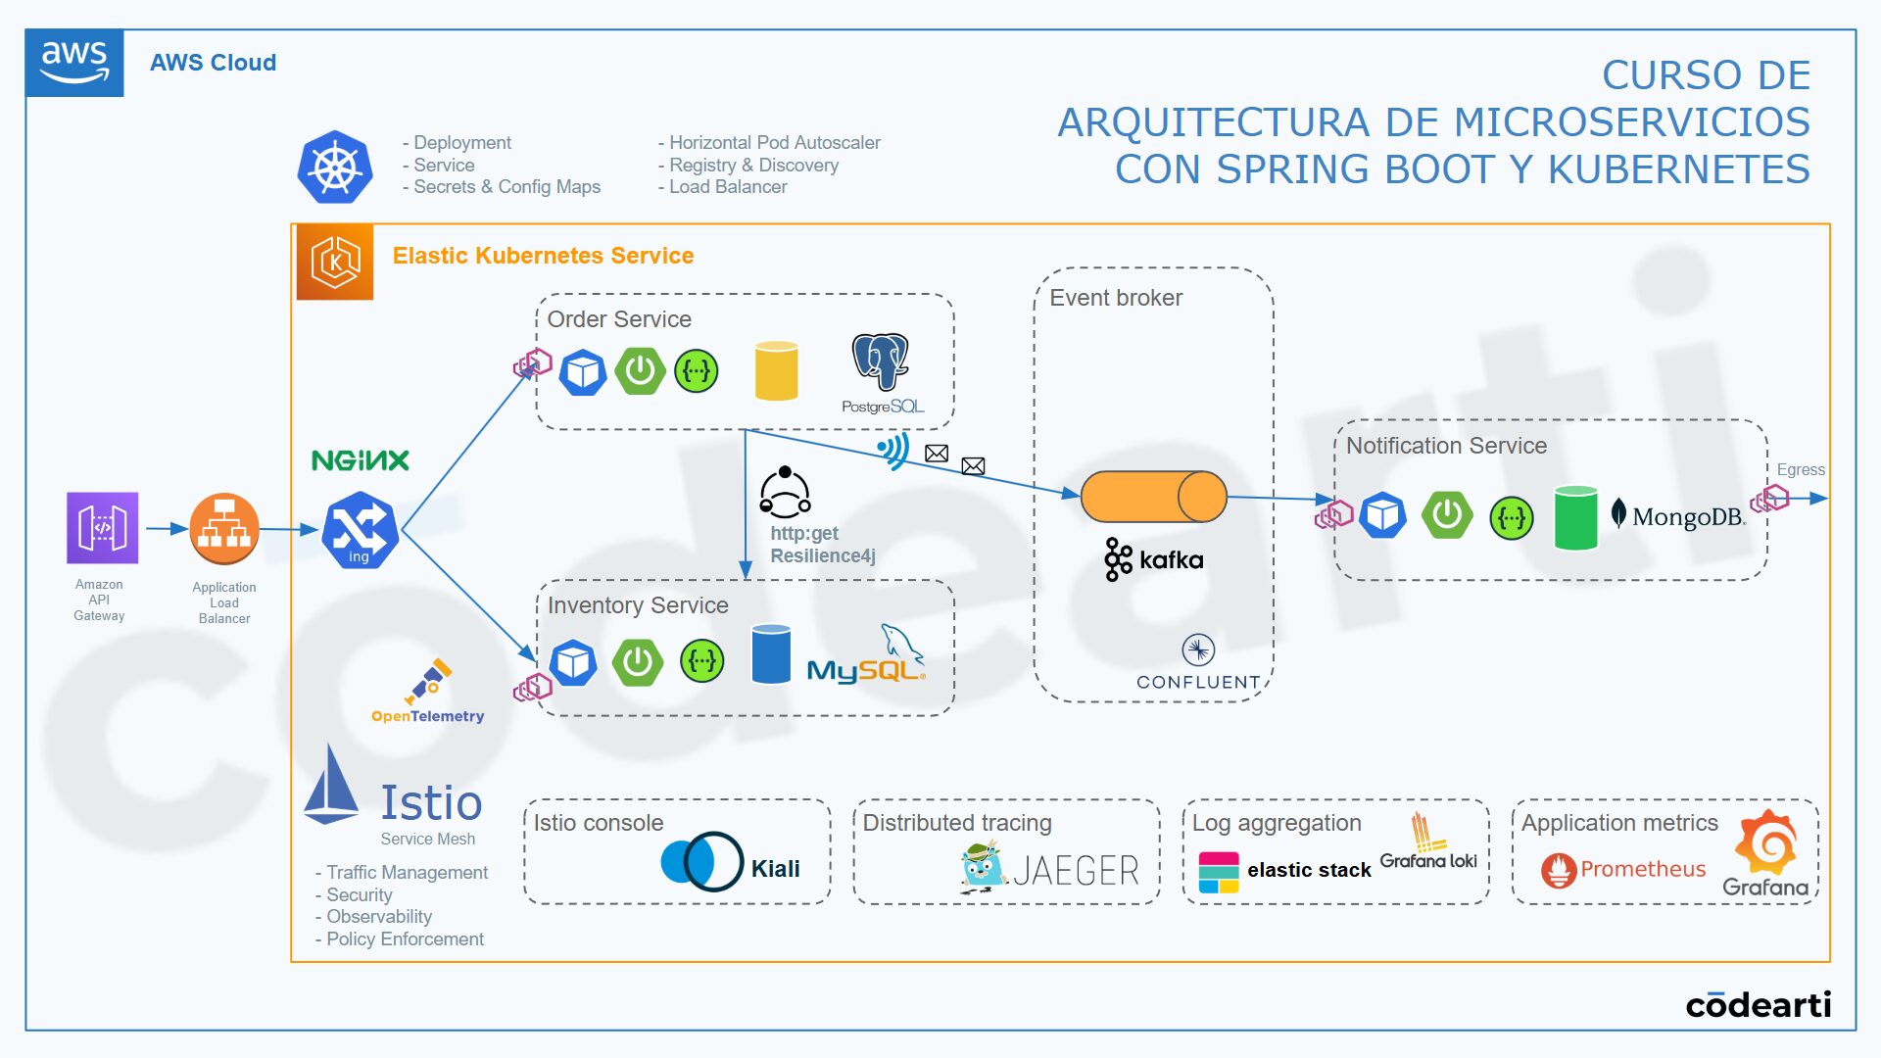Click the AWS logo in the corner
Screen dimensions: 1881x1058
coord(74,63)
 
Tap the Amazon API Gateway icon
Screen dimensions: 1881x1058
coord(102,528)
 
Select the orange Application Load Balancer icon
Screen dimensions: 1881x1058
coord(224,529)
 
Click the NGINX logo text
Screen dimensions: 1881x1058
coord(361,460)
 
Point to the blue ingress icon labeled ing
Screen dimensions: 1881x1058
coord(360,531)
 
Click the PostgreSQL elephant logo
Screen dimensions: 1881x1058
coord(881,361)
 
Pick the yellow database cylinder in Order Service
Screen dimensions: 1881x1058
coord(777,370)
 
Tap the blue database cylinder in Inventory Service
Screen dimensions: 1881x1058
coord(771,653)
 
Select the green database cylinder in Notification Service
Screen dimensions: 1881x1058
coord(1576,517)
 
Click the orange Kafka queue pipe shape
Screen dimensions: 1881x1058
coord(1153,497)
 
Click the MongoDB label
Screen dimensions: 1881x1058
coord(1678,515)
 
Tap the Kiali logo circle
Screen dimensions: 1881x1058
coord(702,861)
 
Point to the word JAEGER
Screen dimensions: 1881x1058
coord(1076,870)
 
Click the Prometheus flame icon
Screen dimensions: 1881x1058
coord(1559,870)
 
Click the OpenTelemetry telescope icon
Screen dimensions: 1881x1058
coord(428,681)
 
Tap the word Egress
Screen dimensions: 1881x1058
coord(1801,470)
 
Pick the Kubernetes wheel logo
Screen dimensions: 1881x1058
coord(335,168)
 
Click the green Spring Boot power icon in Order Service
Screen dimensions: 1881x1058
coord(641,371)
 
